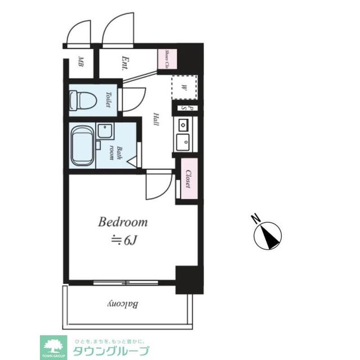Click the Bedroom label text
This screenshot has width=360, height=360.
(123, 222)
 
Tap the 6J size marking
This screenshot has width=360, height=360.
(125, 240)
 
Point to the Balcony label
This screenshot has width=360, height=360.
(123, 305)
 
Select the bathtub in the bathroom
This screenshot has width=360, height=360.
(83, 145)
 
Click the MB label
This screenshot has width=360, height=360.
(81, 61)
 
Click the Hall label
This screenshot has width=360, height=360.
(156, 120)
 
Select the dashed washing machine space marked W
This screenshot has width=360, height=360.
(184, 88)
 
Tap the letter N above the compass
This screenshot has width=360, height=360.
(255, 218)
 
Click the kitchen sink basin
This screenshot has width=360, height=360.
(183, 142)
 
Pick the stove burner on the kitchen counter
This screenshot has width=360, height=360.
(183, 124)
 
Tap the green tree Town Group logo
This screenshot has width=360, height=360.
(53, 346)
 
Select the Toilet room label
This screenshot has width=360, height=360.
(107, 101)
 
